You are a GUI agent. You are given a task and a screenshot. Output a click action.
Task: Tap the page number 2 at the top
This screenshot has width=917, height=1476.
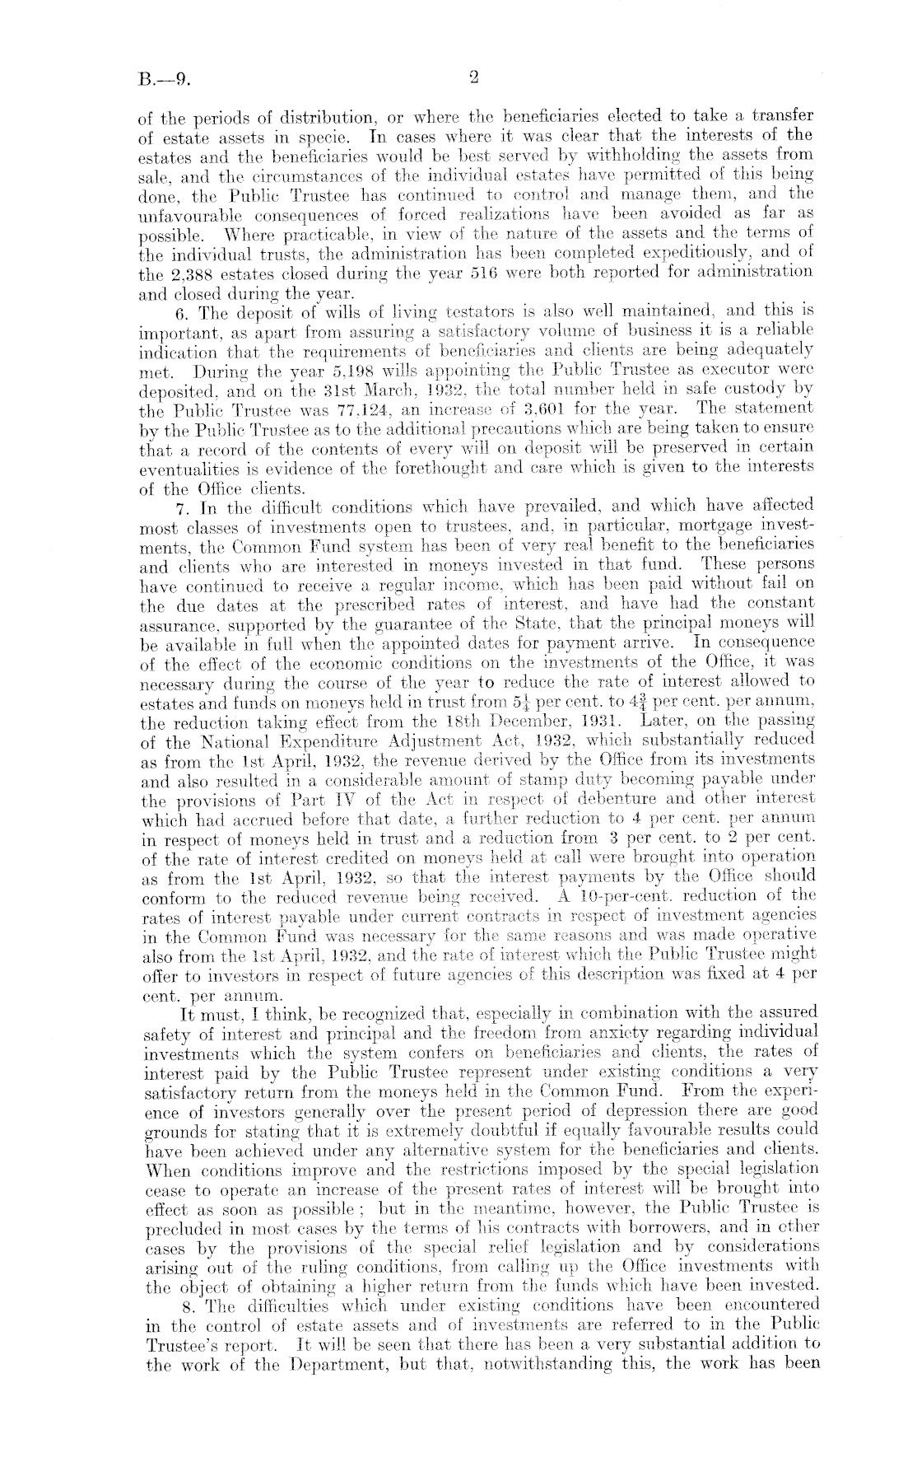(x=473, y=79)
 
